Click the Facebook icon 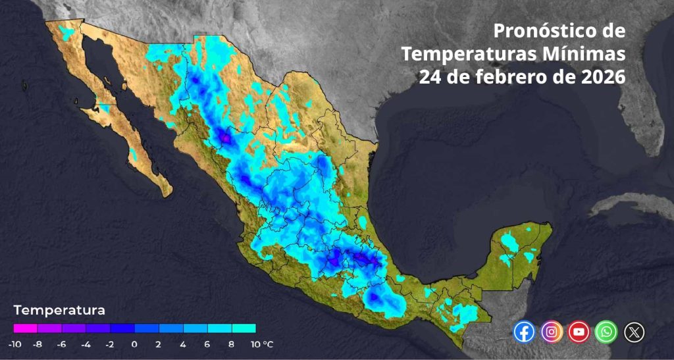(x=525, y=332)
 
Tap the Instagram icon (x=552, y=332)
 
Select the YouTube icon (x=579, y=332)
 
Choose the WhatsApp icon (x=606, y=332)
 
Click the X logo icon (x=633, y=332)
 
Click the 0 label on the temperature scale (x=134, y=344)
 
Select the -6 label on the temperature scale (x=61, y=344)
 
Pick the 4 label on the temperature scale (x=183, y=344)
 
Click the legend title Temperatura (x=59, y=309)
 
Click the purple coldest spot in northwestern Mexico (x=226, y=138)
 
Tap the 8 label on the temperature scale (x=231, y=344)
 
